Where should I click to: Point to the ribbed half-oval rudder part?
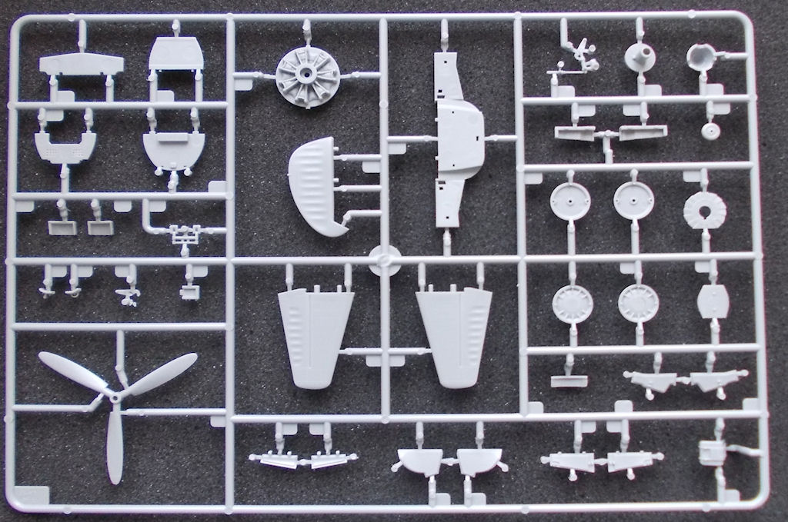[316, 186]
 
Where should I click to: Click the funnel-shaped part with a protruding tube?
[639, 56]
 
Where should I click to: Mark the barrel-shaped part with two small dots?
[713, 302]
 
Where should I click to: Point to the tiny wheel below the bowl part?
[711, 129]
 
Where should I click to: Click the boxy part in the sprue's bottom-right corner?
[710, 453]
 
